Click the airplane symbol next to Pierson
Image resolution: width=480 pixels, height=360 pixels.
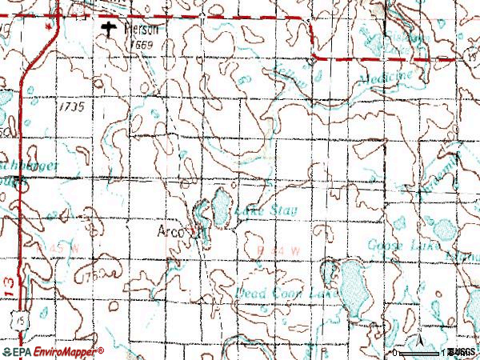tap(110, 30)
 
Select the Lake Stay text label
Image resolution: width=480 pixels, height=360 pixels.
tap(266, 211)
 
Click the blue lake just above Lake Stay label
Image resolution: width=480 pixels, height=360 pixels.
tap(218, 210)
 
